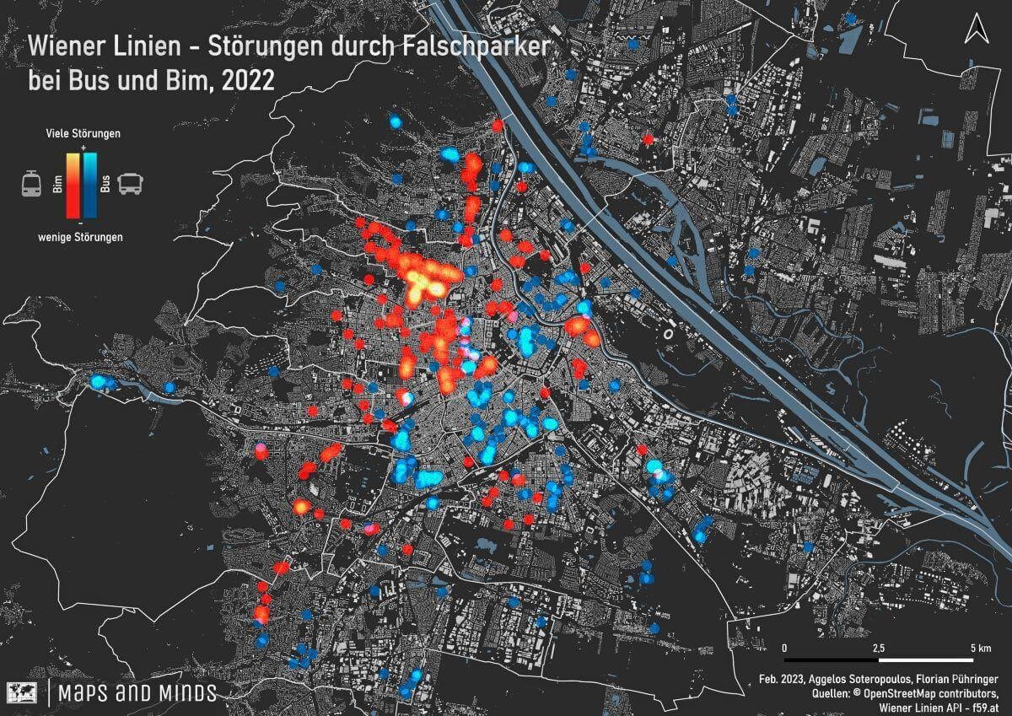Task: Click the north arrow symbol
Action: (x=978, y=30)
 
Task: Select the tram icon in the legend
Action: (x=32, y=183)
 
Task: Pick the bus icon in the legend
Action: (x=131, y=183)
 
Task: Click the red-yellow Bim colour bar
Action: (x=74, y=184)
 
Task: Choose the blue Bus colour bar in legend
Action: (x=90, y=184)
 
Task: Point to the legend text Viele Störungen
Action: (x=83, y=134)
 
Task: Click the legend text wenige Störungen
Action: (x=81, y=237)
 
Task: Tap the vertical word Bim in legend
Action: (x=58, y=185)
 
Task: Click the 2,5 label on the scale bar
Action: (x=879, y=648)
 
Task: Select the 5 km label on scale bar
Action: (x=981, y=648)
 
